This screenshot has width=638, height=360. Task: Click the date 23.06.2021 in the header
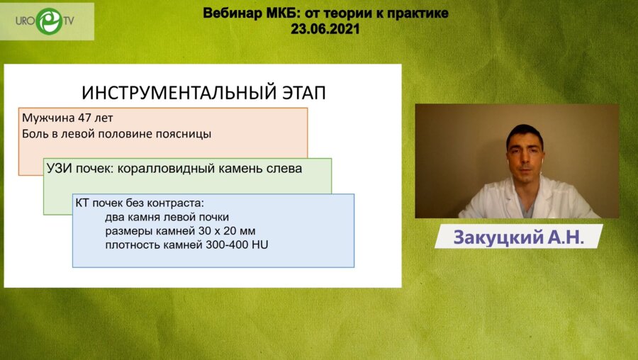pos(325,29)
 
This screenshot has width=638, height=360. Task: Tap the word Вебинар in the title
pos(231,13)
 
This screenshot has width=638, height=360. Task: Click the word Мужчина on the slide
pos(45,118)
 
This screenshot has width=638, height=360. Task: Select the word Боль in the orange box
pos(35,133)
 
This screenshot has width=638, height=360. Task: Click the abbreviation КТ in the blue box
pos(82,203)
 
